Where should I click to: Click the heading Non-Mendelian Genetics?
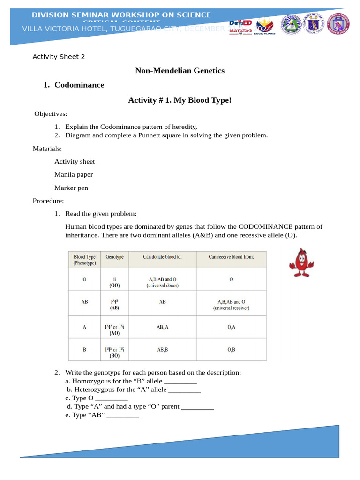click(x=180, y=71)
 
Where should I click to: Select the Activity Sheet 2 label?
click(x=59, y=57)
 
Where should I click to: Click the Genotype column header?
click(x=114, y=257)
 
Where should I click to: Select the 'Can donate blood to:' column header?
click(x=162, y=257)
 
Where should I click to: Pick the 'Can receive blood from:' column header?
click(x=231, y=257)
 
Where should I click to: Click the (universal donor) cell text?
click(x=162, y=285)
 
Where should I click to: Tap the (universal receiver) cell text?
click(x=231, y=308)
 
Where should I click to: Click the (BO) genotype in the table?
click(x=114, y=356)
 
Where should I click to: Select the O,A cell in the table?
click(x=231, y=328)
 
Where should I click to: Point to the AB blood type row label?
click(x=84, y=302)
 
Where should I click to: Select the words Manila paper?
click(x=74, y=175)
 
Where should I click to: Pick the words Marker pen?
click(x=71, y=188)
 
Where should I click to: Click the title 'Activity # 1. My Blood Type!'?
click(x=180, y=100)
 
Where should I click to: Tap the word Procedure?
click(x=48, y=201)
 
